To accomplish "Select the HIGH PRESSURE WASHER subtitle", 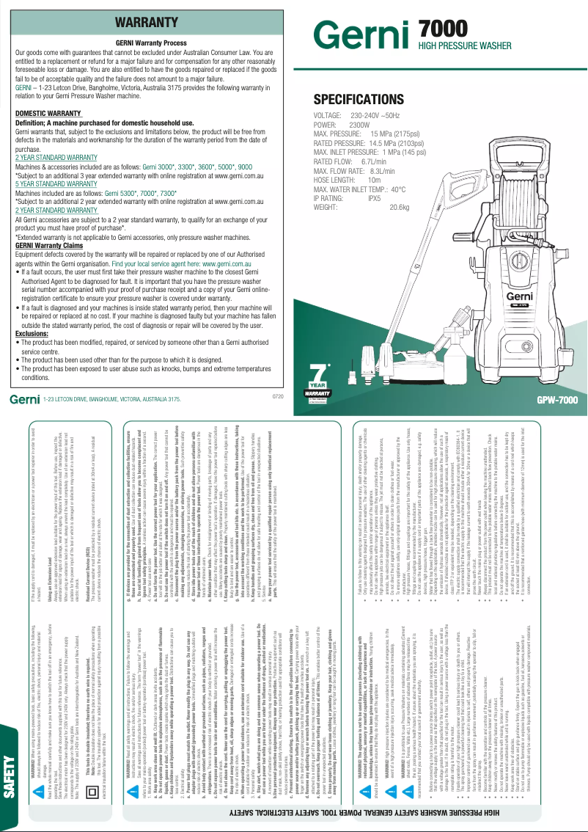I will click(464, 46).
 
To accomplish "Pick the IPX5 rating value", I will click(374, 198).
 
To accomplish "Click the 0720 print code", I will click(277, 396).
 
